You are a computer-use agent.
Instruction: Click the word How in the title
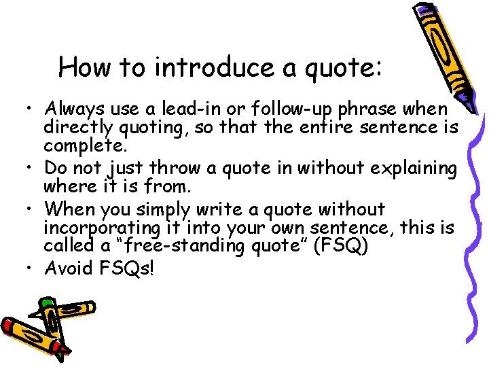(82, 68)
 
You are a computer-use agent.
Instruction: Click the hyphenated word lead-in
(188, 109)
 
